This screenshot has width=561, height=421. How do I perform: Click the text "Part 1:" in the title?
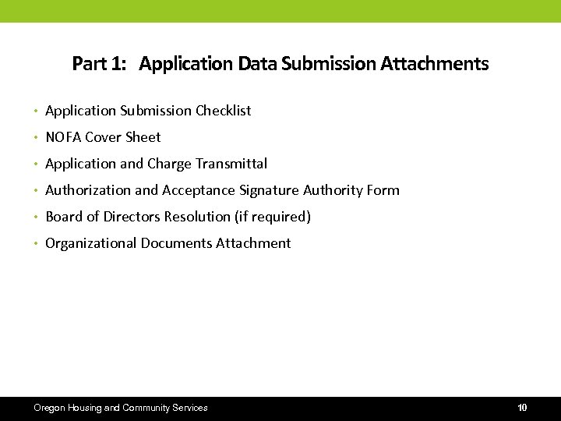tap(99, 63)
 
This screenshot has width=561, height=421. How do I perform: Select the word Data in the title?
tap(257, 63)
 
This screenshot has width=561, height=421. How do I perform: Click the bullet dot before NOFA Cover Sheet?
tap(36, 138)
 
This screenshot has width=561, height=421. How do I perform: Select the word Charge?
tap(169, 164)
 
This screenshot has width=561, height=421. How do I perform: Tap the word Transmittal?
tap(231, 164)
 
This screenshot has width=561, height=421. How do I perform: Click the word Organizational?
tap(90, 243)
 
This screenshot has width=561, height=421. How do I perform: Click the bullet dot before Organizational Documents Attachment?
tap(36, 244)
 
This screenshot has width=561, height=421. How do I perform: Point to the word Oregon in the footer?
tap(50, 408)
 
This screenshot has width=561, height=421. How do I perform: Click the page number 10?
tap(522, 408)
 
